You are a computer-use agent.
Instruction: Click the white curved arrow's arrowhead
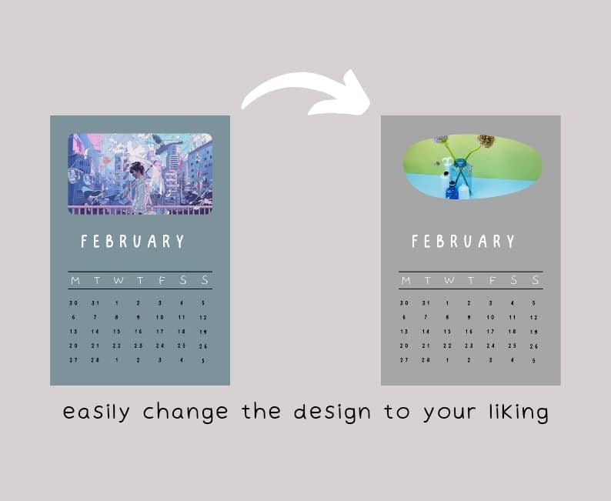350,94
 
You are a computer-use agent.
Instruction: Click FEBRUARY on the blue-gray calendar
133,242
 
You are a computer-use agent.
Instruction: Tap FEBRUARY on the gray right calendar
463,242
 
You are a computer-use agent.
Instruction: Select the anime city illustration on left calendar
140,173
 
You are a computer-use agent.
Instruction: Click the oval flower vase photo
472,167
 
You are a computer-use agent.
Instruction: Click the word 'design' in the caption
339,412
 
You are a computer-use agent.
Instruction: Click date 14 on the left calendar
95,332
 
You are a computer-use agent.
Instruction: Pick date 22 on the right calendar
447,346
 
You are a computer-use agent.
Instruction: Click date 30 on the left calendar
74,303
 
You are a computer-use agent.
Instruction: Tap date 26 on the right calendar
533,346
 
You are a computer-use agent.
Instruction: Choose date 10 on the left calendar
160,317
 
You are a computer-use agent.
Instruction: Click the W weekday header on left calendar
118,280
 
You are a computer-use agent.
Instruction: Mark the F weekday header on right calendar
491,280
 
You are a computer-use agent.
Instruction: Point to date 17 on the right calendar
490,332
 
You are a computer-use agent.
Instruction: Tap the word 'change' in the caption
185,412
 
